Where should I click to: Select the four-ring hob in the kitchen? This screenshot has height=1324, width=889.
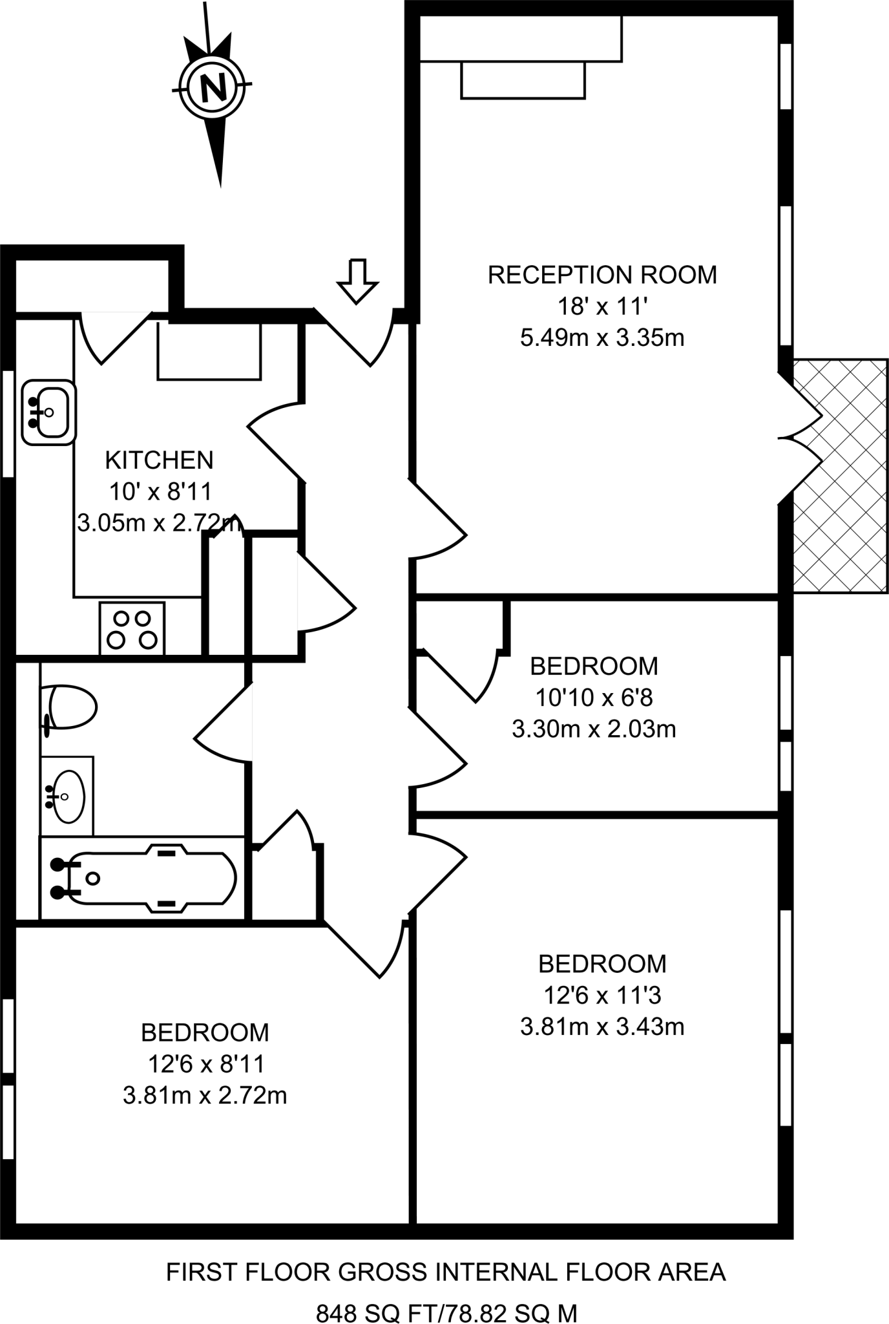132,629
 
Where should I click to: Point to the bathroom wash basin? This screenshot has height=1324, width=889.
67,796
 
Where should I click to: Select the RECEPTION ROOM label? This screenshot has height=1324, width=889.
602,275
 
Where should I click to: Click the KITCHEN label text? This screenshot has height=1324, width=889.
159,460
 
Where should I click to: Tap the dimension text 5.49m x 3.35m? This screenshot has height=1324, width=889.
602,337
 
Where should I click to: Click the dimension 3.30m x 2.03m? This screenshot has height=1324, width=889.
594,729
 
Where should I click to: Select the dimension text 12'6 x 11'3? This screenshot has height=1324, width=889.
602,996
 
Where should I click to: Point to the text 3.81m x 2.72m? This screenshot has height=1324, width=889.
205,1096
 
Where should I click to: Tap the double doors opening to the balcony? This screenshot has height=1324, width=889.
801,438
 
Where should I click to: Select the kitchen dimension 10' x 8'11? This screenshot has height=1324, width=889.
160,492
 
